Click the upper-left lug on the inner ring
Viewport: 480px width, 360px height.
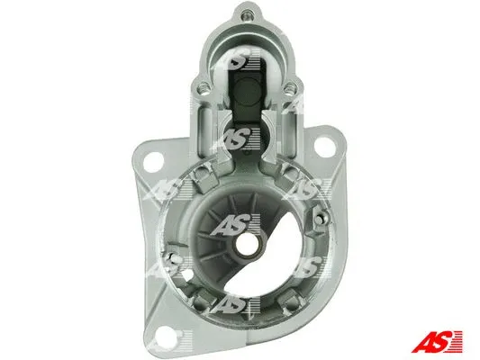[x=187, y=174]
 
